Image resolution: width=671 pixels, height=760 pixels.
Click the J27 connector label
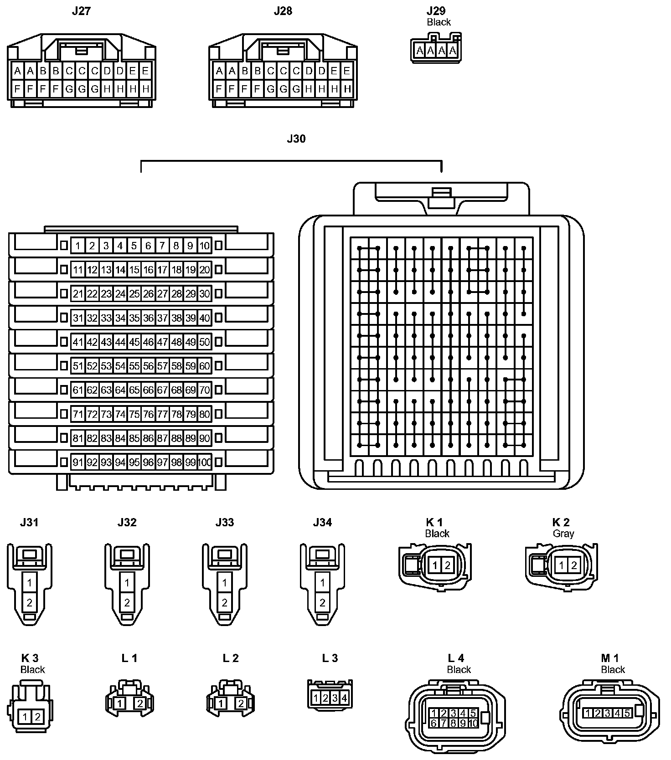coord(81,11)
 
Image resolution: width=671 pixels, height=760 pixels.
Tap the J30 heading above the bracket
coord(296,139)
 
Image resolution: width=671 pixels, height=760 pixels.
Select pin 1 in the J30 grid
coord(78,246)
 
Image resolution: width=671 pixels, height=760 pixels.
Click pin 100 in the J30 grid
coord(205,462)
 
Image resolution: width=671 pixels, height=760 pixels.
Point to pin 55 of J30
coord(134,366)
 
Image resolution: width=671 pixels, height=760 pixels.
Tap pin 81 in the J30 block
coord(78,438)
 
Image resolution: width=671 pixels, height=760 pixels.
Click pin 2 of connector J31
coord(30,603)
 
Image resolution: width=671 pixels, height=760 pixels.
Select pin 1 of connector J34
coord(322,582)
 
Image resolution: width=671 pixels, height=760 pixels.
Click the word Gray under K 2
coord(563,534)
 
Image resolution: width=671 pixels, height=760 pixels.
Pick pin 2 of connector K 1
coord(447,566)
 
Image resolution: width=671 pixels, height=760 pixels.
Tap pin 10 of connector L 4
coord(472,723)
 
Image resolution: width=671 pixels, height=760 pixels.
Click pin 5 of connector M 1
coord(627,713)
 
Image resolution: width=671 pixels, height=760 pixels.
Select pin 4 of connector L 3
coord(344,698)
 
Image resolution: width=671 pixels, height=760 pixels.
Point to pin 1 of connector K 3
coord(25,717)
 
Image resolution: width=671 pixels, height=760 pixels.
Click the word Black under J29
coord(439,22)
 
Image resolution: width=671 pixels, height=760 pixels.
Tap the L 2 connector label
coord(231,658)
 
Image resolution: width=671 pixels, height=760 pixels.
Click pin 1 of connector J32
coord(127,582)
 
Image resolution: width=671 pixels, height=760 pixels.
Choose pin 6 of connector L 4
coord(434,723)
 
